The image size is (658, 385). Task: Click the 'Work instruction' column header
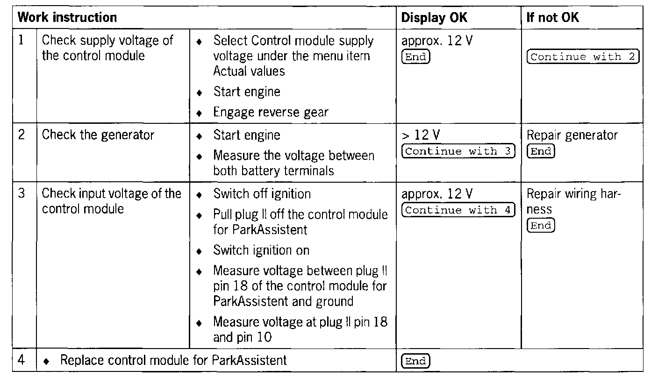[x=67, y=18]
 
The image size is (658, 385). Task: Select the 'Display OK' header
[x=434, y=18]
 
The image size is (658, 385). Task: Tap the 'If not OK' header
[x=552, y=18]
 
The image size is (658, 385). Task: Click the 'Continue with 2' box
[x=582, y=57]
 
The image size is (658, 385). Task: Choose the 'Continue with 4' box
[x=458, y=210]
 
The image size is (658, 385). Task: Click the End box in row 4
[x=415, y=361]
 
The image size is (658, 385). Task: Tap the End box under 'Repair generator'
[x=541, y=151]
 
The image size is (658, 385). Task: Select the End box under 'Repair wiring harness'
[x=541, y=226]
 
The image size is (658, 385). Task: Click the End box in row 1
[x=415, y=57]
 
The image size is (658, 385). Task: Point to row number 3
[x=21, y=193]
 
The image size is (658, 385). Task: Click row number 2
[x=21, y=135]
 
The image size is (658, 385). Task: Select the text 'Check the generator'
[x=98, y=135]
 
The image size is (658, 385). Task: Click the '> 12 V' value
[x=421, y=135]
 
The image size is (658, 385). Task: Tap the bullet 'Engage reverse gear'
[x=271, y=112]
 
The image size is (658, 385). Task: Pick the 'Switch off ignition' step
[x=262, y=193]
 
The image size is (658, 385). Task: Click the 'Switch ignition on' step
[x=261, y=250]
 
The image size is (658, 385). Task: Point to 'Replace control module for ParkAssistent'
[x=173, y=360]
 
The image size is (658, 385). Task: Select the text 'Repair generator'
[x=572, y=135]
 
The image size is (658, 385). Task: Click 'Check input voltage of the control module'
[x=111, y=200]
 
